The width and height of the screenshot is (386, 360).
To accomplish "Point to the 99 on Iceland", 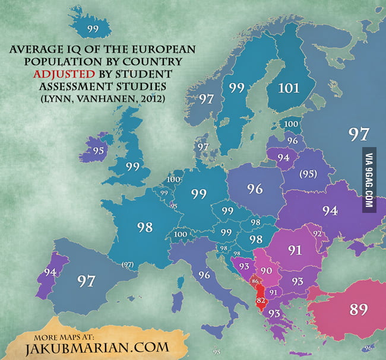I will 92,28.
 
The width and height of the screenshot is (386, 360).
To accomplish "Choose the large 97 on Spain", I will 87,281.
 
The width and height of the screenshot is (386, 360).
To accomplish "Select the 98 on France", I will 144,228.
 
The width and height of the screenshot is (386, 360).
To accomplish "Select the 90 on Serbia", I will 266,270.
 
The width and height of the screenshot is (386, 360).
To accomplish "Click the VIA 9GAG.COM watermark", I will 368,180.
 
